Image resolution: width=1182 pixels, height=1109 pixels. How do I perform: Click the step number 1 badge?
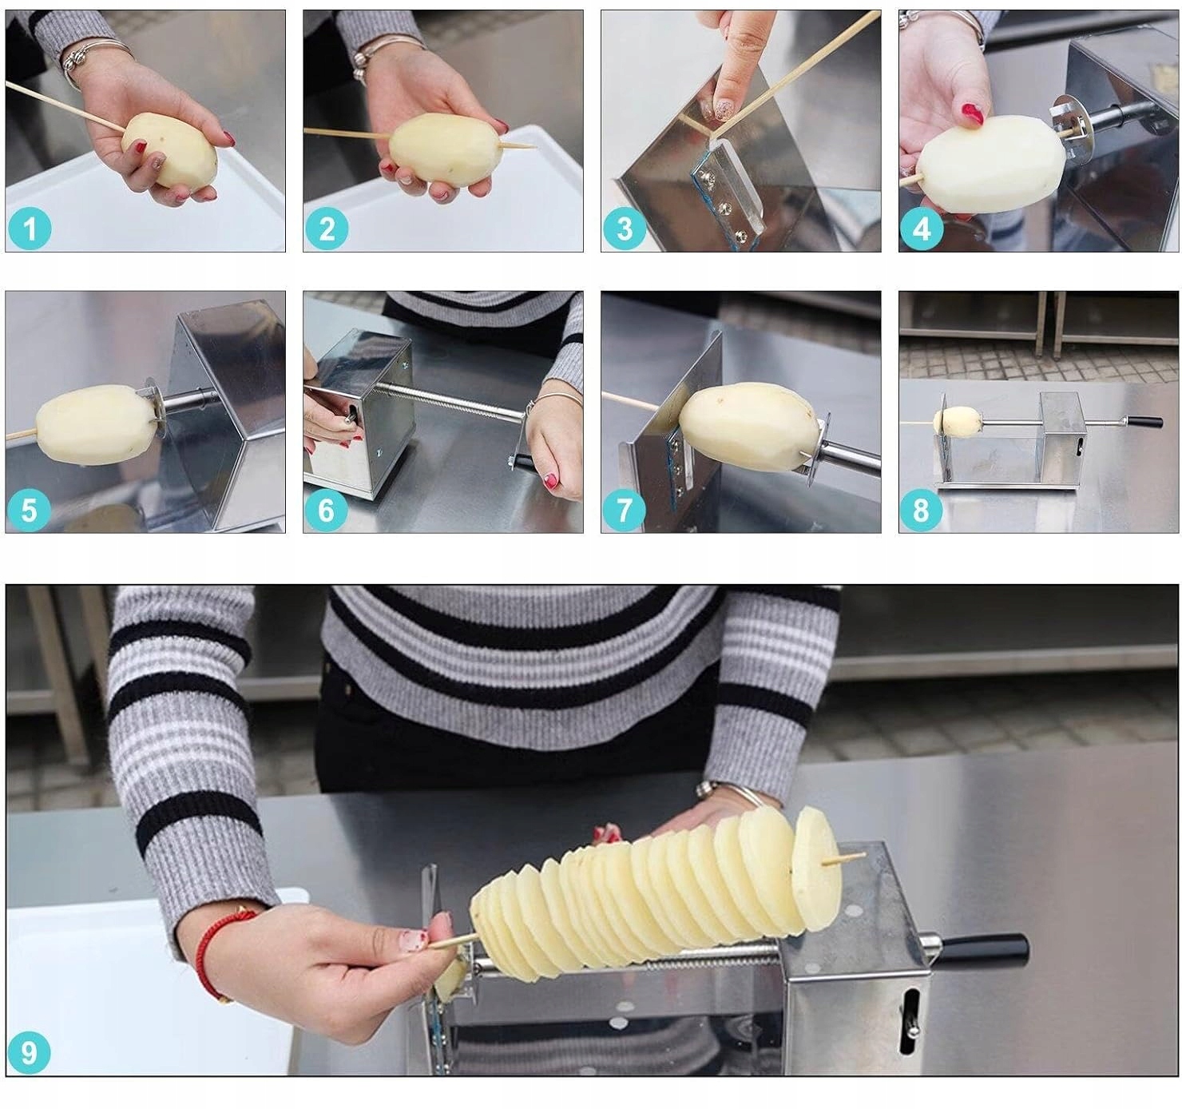pyautogui.click(x=30, y=229)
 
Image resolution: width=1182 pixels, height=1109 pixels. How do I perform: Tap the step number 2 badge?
pyautogui.click(x=327, y=229)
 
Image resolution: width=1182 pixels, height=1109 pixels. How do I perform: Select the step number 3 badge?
pyautogui.click(x=625, y=229)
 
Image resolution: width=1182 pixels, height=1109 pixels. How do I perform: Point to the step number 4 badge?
pyautogui.click(x=922, y=229)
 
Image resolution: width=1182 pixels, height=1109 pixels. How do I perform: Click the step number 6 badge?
pyautogui.click(x=326, y=510)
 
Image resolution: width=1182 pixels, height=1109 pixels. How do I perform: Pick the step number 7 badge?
pyautogui.click(x=624, y=510)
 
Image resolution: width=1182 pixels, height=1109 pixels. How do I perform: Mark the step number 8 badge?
pyautogui.click(x=921, y=510)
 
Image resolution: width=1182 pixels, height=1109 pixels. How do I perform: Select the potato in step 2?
pyautogui.click(x=444, y=150)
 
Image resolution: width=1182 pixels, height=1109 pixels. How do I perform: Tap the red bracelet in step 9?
pyautogui.click(x=216, y=954)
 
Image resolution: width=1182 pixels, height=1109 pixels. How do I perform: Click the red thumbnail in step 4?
pyautogui.click(x=972, y=113)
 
